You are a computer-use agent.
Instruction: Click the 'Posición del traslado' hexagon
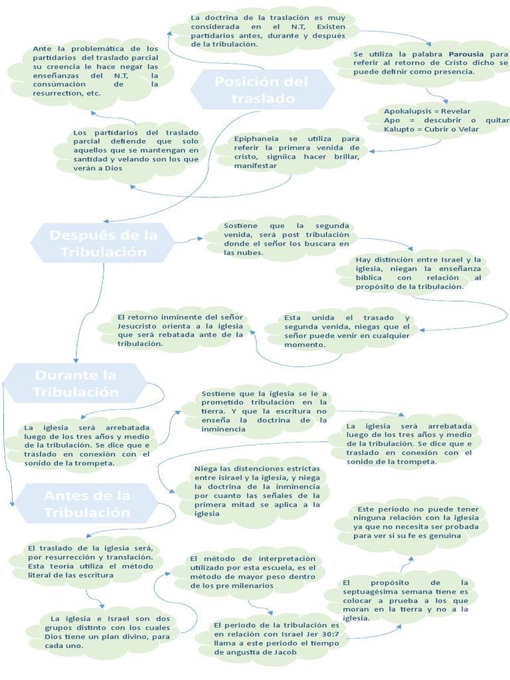point(262,90)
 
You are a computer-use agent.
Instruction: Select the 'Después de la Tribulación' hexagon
point(103,243)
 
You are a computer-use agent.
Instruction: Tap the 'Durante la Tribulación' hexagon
point(76,383)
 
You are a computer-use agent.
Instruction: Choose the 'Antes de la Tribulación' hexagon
point(87,503)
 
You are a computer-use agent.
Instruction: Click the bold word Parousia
point(468,53)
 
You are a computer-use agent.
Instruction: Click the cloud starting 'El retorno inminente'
point(181,330)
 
